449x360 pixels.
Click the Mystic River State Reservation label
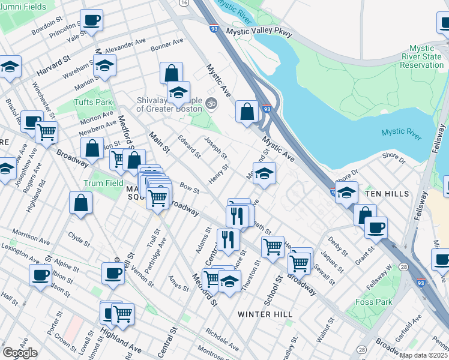click(426, 56)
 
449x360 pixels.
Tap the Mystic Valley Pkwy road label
click(259, 32)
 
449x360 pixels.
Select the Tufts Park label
click(93, 102)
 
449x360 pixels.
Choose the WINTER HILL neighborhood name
click(265, 314)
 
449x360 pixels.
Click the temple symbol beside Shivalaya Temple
click(210, 103)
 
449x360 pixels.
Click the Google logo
click(20, 352)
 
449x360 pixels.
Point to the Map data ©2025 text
click(423, 355)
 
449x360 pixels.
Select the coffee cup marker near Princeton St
click(92, 20)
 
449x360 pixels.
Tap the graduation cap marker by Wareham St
click(104, 65)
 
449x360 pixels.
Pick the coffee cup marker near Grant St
click(376, 227)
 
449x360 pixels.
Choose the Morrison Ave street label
click(29, 234)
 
